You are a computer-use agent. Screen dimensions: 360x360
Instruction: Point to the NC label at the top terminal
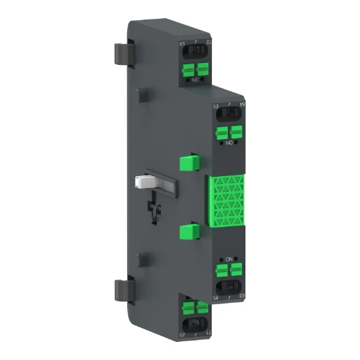[x=195, y=82]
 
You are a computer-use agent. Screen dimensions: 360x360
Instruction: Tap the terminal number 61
[x=183, y=45]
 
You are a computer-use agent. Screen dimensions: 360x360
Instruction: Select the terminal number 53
[x=215, y=107]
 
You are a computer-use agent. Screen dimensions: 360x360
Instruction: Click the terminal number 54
[x=215, y=298]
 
